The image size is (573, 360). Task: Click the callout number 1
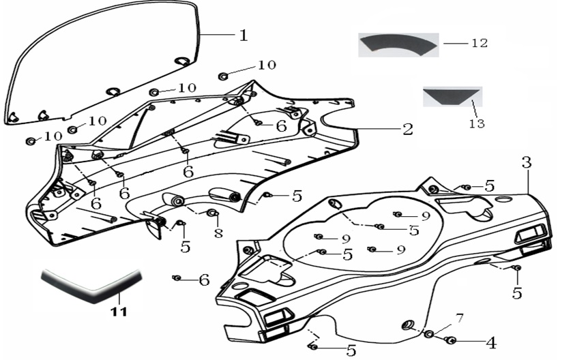(x=242, y=35)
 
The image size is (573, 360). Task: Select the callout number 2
(x=407, y=129)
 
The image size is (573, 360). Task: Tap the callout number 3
(x=526, y=163)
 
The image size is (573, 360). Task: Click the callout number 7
(x=460, y=318)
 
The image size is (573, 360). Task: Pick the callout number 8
(x=218, y=233)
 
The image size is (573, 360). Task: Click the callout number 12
(x=480, y=42)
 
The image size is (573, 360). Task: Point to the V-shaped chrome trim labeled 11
(x=92, y=284)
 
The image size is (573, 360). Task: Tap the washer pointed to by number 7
(x=430, y=334)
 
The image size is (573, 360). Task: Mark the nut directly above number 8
(x=211, y=215)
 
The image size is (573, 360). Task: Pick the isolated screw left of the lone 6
(x=177, y=278)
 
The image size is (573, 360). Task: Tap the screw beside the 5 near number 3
(x=466, y=187)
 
